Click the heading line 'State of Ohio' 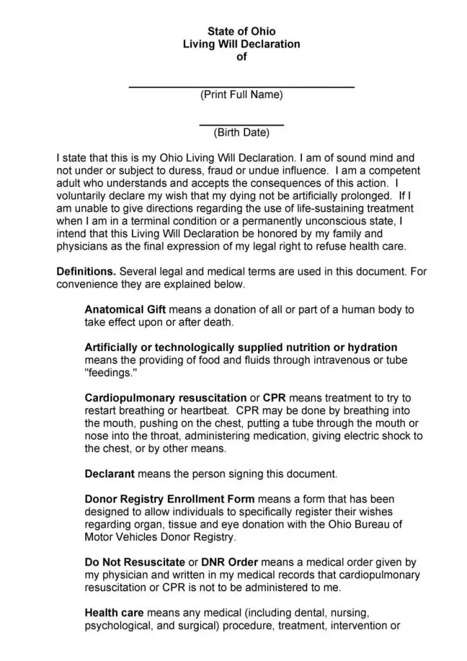(241, 32)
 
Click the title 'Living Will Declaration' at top (241, 44)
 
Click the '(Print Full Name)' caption (241, 95)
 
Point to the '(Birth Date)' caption (241, 134)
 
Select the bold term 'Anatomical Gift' (122, 310)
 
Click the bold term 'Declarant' (110, 474)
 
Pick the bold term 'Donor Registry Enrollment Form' (170, 499)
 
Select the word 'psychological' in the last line (115, 625)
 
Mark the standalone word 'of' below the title (241, 57)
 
